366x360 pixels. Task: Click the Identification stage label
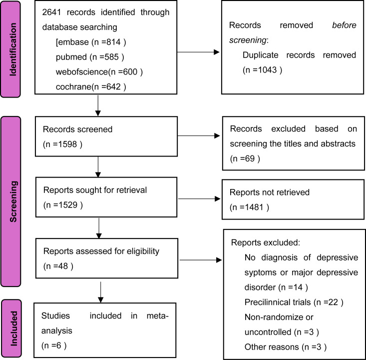tap(13, 49)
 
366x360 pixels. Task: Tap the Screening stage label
tap(13, 201)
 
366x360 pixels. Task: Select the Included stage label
tap(13, 328)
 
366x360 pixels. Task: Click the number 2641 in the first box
tap(51, 12)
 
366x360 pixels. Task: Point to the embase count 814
tap(113, 42)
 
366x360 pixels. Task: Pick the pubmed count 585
tap(111, 57)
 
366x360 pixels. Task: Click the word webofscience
tap(82, 72)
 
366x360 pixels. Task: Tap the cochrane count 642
tap(113, 86)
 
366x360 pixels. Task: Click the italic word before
tap(345, 25)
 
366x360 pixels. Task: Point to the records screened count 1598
tap(68, 144)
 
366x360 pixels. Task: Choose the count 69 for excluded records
tap(250, 158)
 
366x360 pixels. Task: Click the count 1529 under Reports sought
tap(68, 205)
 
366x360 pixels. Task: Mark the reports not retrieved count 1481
tap(255, 207)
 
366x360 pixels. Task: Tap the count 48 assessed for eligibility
tap(63, 266)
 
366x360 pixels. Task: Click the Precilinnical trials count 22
tap(334, 302)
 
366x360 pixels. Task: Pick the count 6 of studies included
tap(58, 345)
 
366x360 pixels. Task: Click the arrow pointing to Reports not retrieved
tap(199, 198)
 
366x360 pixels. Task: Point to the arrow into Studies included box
tap(100, 292)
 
